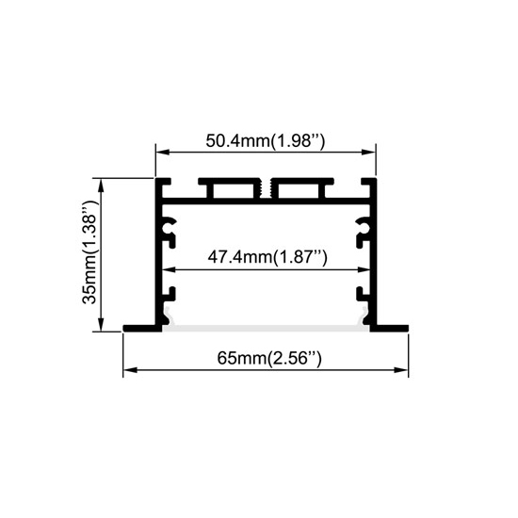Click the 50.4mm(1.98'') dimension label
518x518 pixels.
(266, 141)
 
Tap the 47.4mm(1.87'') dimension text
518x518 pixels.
(267, 257)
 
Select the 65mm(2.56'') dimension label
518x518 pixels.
(269, 358)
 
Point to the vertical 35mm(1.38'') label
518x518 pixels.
(89, 253)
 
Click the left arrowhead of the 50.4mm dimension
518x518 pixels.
(162, 153)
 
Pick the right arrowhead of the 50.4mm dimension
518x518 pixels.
(368, 153)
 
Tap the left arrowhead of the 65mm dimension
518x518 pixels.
(130, 370)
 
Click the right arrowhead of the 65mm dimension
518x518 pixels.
(401, 370)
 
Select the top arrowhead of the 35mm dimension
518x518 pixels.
(101, 185)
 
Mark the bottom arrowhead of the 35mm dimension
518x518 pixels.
(101, 324)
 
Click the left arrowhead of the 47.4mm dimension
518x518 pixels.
(169, 270)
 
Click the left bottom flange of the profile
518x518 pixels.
(142, 328)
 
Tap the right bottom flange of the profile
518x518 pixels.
(389, 328)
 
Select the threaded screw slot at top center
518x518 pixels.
(266, 189)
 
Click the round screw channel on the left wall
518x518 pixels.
(169, 227)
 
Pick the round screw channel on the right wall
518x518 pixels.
(363, 227)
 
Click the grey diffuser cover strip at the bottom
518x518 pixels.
(266, 328)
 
